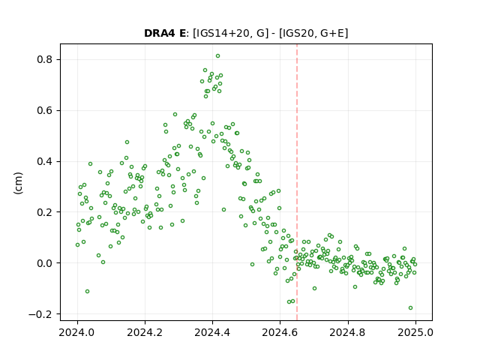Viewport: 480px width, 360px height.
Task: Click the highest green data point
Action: (x=217, y=56)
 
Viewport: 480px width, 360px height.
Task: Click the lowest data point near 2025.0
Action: (x=410, y=308)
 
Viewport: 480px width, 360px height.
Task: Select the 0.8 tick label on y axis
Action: (x=44, y=59)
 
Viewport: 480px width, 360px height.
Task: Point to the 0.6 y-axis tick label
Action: (x=44, y=110)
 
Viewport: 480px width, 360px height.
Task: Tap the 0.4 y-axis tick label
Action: (x=44, y=161)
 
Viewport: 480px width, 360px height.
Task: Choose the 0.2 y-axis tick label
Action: (x=44, y=212)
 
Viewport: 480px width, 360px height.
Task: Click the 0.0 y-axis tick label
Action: (x=44, y=263)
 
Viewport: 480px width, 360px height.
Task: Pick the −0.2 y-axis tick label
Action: (x=40, y=314)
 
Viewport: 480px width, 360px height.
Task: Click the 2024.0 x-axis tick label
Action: (x=77, y=332)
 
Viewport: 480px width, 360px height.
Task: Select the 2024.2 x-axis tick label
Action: (x=145, y=332)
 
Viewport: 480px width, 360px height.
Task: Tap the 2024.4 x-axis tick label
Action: (x=212, y=332)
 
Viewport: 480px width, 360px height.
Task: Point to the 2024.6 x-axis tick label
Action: (x=280, y=332)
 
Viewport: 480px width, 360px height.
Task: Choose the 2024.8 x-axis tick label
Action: (x=347, y=332)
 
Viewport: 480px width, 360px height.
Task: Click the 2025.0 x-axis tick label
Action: (x=415, y=332)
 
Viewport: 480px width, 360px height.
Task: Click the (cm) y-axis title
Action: (x=18, y=183)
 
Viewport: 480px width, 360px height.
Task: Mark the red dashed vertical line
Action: (x=297, y=182)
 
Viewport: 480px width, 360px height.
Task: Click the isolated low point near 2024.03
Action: (x=87, y=292)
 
